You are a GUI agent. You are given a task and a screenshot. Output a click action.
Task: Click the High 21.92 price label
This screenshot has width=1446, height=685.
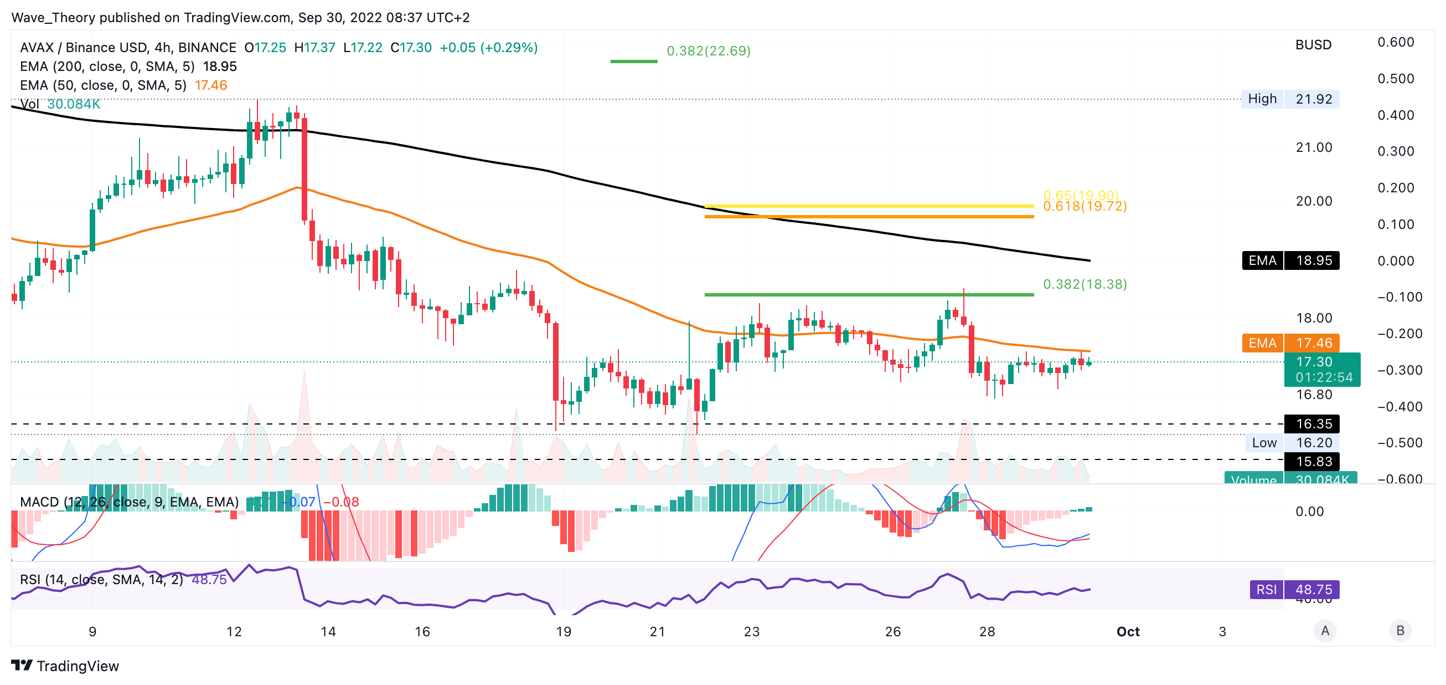coord(1289,99)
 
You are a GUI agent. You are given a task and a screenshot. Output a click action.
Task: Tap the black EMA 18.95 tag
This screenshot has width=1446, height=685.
coord(1290,260)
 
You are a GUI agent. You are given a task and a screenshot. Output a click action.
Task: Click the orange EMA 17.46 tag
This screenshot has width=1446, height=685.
coord(1290,343)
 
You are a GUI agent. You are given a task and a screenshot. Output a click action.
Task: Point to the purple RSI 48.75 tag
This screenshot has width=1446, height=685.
coord(1294,590)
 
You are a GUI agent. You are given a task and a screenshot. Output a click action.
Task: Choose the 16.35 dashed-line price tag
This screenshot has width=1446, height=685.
coord(1314,424)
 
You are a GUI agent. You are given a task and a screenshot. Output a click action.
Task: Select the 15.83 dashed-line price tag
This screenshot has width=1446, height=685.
coord(1314,461)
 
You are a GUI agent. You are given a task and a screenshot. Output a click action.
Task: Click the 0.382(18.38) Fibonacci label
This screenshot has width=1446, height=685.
coord(1084,284)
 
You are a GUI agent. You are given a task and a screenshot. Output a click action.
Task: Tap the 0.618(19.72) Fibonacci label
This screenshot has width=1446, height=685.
coord(1084,207)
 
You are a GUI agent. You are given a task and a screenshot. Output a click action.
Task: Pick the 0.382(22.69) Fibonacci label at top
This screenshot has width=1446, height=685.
coord(709,51)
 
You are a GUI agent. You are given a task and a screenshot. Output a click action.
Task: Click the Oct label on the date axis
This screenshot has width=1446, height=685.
coord(1128,632)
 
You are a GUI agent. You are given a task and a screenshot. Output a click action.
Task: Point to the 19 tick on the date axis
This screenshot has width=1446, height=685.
coord(564,632)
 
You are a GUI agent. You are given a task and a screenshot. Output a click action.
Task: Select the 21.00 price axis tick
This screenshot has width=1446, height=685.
coord(1314,148)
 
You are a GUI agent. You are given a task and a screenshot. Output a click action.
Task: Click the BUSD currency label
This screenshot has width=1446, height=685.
coord(1313,45)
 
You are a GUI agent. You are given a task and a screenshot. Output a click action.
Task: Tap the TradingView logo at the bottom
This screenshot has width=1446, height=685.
coord(65,666)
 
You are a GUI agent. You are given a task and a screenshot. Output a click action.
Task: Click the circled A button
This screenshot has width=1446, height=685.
coord(1325,631)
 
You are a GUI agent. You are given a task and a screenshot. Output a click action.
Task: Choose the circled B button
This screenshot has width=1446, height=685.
coord(1400,631)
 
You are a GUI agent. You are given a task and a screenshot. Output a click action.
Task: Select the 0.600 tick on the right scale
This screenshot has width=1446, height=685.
coord(1396,42)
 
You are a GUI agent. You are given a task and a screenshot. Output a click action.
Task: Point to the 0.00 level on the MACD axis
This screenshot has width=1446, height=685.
coord(1309,512)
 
